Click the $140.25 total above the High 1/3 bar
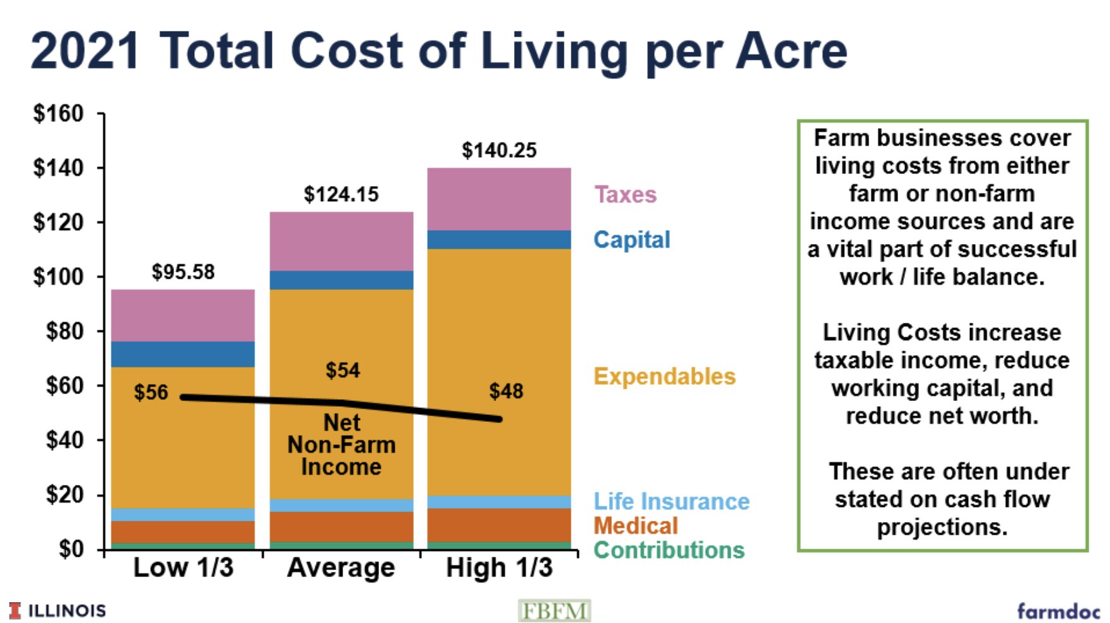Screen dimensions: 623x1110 tap(499, 151)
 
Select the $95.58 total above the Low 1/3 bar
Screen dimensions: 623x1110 tap(183, 272)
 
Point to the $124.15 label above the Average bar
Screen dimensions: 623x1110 tap(341, 194)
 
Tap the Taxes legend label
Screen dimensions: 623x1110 tap(625, 195)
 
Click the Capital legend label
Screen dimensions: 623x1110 tap(631, 240)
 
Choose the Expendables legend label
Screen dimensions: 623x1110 tap(664, 376)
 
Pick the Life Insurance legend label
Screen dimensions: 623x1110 tap(671, 501)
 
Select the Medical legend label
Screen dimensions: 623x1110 tap(635, 526)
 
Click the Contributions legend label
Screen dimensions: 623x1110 tap(669, 550)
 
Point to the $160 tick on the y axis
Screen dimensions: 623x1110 tap(58, 114)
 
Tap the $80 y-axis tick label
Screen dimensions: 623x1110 tap(64, 331)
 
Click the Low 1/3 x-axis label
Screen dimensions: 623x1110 tap(183, 568)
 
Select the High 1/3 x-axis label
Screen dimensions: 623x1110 tap(499, 568)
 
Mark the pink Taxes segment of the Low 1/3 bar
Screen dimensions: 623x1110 tap(183, 315)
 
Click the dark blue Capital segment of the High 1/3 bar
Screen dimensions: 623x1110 tap(499, 240)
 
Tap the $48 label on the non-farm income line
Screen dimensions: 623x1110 tap(506, 392)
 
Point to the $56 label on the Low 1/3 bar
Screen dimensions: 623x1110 tap(151, 392)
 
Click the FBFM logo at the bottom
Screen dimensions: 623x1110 tap(554, 610)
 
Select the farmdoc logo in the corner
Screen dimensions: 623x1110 tap(1058, 610)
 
